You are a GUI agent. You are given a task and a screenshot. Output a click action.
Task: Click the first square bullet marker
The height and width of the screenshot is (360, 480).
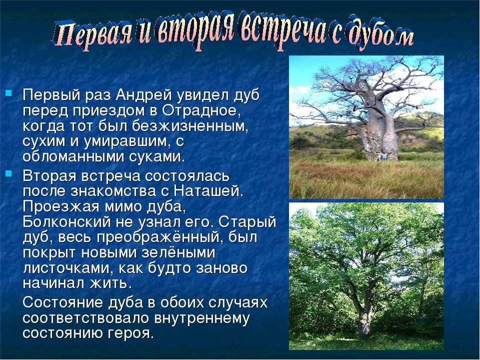coord(8,92)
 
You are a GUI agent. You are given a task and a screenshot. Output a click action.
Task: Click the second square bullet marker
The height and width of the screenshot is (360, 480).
coord(8,173)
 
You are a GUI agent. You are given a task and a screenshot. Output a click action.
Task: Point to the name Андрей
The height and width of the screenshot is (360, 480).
coord(144,95)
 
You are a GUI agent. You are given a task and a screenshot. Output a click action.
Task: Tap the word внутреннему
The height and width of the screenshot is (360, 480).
coord(202,318)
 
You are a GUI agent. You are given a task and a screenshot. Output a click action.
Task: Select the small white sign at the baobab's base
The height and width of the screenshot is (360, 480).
coord(382,156)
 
